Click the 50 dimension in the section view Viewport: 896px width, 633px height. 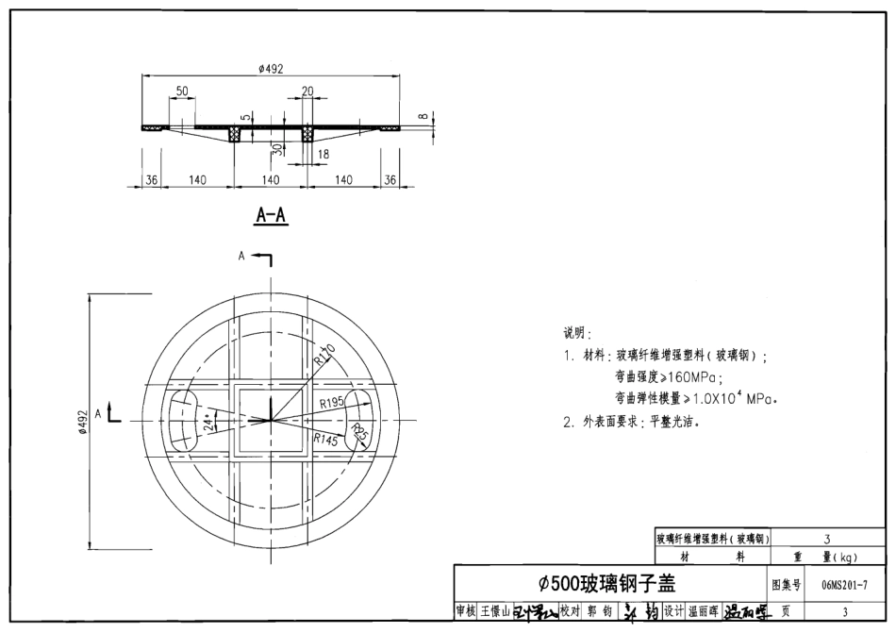[x=182, y=91]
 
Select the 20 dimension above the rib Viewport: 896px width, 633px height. [x=307, y=91]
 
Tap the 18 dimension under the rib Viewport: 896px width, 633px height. [x=324, y=153]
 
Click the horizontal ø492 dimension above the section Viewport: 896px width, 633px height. [x=271, y=68]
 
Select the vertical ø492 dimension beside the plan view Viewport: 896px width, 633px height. [x=82, y=420]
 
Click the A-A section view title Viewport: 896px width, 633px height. [x=271, y=216]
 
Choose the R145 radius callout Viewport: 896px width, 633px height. [x=325, y=439]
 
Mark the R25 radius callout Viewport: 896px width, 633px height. [x=359, y=434]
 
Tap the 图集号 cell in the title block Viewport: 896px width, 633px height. [x=786, y=585]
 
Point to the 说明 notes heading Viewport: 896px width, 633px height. [x=576, y=333]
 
